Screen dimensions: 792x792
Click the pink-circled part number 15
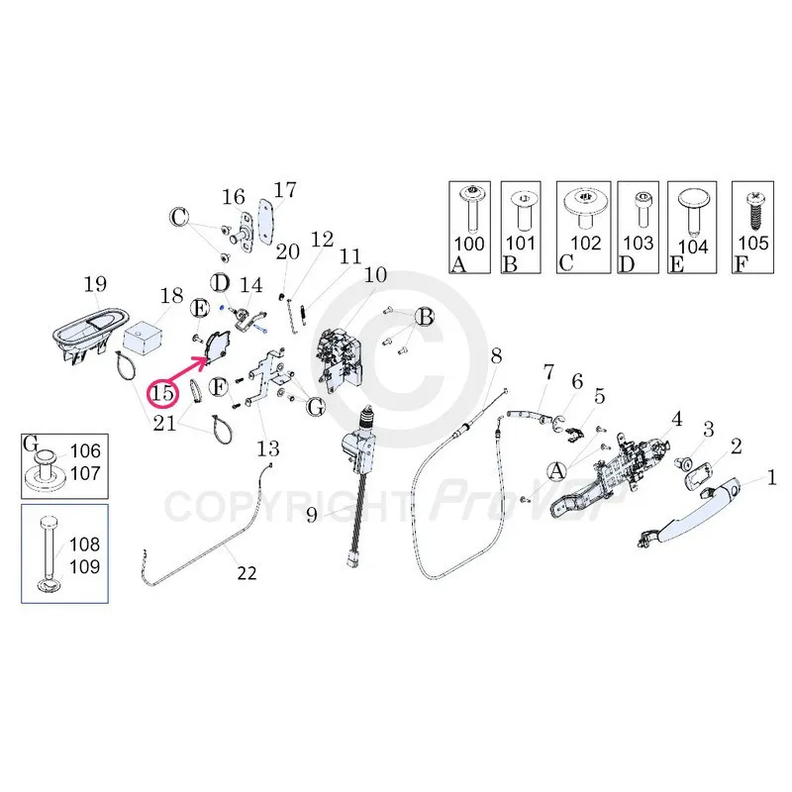pos(163,393)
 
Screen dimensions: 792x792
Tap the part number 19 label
pos(95,286)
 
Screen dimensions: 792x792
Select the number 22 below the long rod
pos(246,572)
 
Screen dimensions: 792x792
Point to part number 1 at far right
pos(772,482)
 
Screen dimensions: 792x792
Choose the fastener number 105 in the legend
pos(753,243)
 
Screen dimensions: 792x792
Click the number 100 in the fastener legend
pos(468,243)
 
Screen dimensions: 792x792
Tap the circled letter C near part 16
pos(179,217)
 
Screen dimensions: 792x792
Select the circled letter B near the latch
pos(425,317)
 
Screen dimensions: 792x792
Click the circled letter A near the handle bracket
pos(556,469)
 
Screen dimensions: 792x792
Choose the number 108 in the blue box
pos(84,544)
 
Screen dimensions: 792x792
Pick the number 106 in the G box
pos(85,450)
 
